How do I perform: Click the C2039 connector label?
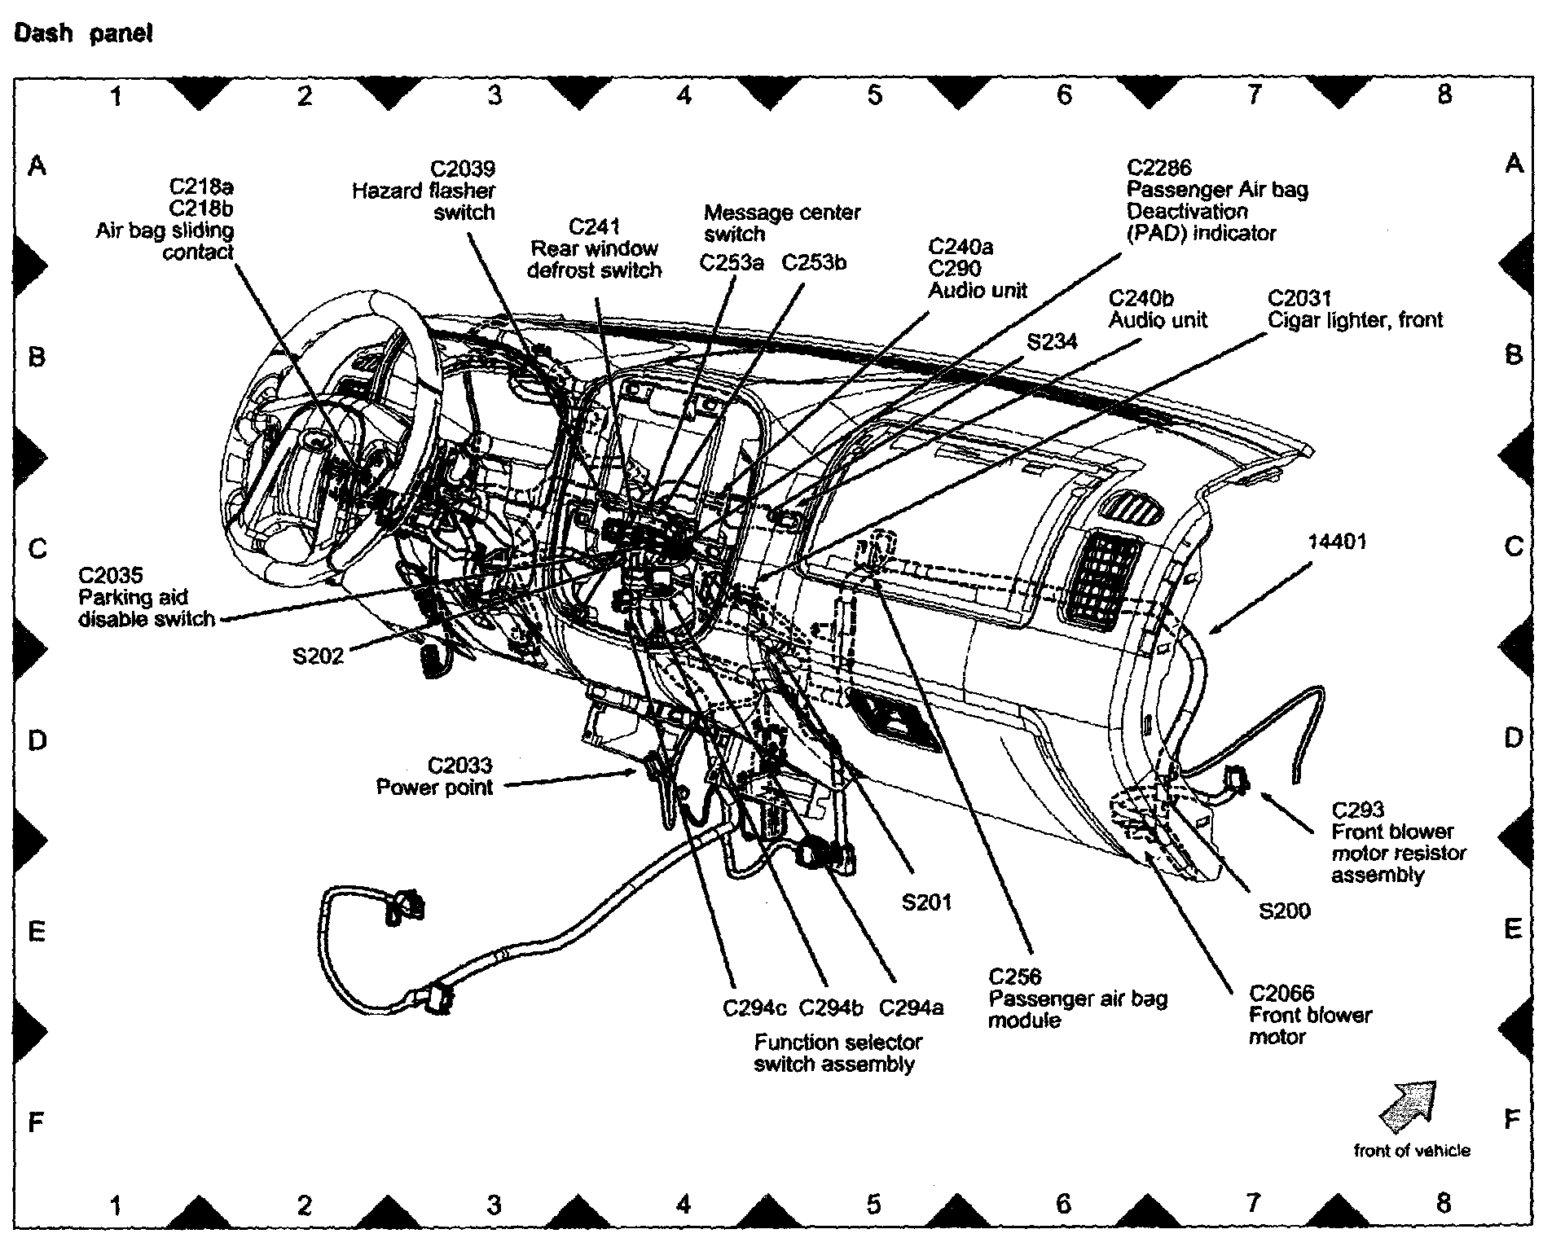coord(462,169)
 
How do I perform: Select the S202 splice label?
coord(318,656)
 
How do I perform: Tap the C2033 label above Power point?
coord(459,766)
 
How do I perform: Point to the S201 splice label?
coord(926,902)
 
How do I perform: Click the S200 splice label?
coord(1284,911)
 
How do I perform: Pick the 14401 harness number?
coord(1337,542)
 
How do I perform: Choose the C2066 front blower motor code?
coord(1281,993)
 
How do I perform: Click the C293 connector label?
coord(1357,810)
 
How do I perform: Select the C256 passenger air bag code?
coord(1014,977)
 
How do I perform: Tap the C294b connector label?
coord(830,1008)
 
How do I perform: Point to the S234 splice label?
coord(1052,342)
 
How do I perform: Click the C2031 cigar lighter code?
coord(1299,298)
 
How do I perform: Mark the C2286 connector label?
coord(1158,168)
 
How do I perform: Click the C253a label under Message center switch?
coord(732,263)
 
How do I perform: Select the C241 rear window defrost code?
coord(594,226)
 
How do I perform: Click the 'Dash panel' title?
coord(82,34)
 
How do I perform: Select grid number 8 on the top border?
coord(1444,94)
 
